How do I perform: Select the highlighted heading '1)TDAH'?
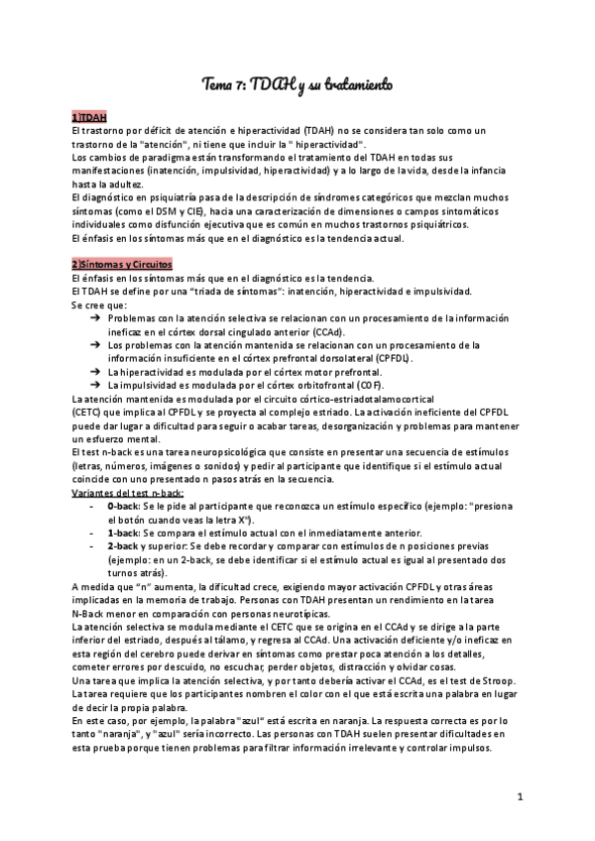tap(90, 118)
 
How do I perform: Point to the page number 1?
tap(520, 796)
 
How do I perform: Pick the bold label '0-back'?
tap(125, 506)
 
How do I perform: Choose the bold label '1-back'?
tap(125, 532)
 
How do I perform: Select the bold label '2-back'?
tap(125, 545)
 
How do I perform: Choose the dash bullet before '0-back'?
tap(91, 506)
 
